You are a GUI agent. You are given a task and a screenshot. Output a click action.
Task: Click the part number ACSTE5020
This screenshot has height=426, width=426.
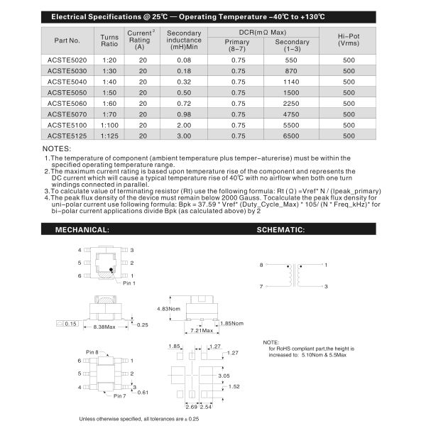pyautogui.click(x=67, y=61)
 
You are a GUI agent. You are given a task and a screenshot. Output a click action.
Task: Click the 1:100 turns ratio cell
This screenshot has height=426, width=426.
pyautogui.click(x=109, y=125)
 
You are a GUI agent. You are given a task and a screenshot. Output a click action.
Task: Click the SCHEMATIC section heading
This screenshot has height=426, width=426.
pyautogui.click(x=280, y=230)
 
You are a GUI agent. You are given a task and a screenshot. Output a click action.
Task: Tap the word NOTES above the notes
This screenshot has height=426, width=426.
pyautogui.click(x=57, y=148)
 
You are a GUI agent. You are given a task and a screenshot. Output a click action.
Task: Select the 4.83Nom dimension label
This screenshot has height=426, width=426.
pyautogui.click(x=168, y=310)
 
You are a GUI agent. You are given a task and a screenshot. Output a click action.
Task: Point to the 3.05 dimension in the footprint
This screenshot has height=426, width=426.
pyautogui.click(x=244, y=375)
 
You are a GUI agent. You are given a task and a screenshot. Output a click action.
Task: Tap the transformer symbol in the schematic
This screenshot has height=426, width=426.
pyautogui.click(x=293, y=275)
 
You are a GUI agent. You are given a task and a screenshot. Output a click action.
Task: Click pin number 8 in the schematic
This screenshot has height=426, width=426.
pyautogui.click(x=261, y=265)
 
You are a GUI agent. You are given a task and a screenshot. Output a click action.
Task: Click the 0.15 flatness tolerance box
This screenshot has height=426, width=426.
pyautogui.click(x=70, y=324)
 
